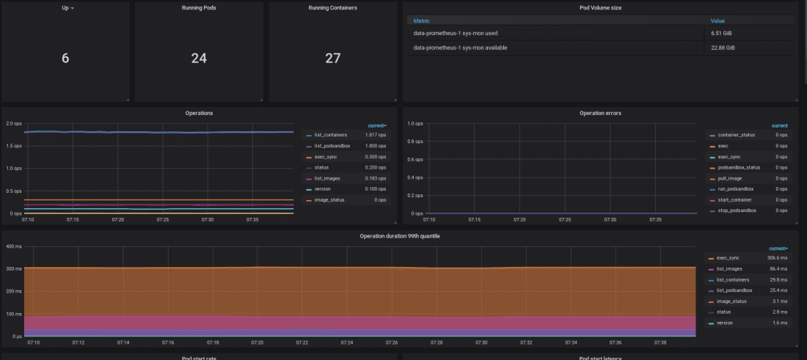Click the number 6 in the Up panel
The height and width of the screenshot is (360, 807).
point(65,58)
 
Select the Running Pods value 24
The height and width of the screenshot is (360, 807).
point(199,58)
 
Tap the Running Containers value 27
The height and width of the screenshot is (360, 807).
point(333,58)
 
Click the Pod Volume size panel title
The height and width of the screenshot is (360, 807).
point(600,7)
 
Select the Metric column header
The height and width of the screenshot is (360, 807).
point(422,21)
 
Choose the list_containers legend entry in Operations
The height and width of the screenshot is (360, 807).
point(330,136)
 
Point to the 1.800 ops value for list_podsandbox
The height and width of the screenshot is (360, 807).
point(376,146)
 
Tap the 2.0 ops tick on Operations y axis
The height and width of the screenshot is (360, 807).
point(13,123)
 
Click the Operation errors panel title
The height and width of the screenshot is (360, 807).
point(600,113)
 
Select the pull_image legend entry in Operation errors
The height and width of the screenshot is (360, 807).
point(729,178)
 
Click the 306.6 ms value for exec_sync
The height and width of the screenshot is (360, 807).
point(776,258)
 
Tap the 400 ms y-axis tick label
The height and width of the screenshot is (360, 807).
point(15,246)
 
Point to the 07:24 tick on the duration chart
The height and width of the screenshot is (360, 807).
point(347,342)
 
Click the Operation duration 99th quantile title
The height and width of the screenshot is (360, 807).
point(399,236)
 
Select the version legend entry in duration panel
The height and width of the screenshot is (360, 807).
point(725,323)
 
